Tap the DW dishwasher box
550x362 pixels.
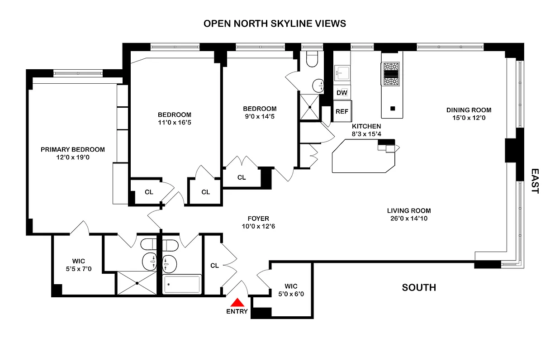click(x=342, y=93)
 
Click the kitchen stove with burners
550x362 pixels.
click(x=392, y=74)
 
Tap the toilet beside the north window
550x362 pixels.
click(x=313, y=58)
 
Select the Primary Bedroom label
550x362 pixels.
click(x=73, y=149)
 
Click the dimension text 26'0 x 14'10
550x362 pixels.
click(x=409, y=219)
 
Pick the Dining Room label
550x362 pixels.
click(x=469, y=110)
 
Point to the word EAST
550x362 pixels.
click(x=535, y=181)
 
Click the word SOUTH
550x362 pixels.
click(x=419, y=287)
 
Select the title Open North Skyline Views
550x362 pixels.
click(x=275, y=24)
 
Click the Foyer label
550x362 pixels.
click(x=258, y=219)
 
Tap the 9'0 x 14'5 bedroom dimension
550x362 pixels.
click(x=260, y=116)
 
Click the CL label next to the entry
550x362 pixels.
click(x=214, y=266)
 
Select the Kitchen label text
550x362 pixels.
click(x=366, y=126)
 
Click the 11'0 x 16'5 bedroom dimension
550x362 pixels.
click(x=175, y=122)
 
